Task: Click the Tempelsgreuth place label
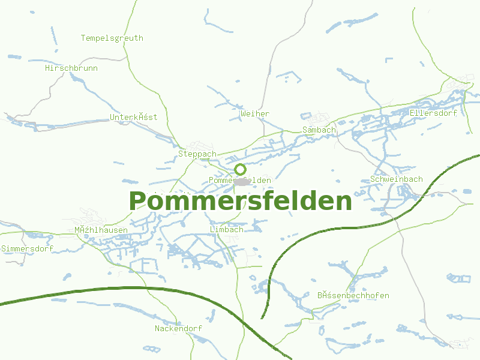click(112, 38)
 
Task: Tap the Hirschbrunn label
click(71, 68)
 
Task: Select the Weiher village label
click(254, 113)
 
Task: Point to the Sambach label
click(319, 130)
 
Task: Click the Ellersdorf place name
click(433, 113)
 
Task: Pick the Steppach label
click(197, 154)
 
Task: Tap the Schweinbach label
click(397, 179)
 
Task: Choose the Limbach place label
click(227, 229)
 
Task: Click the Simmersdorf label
click(27, 248)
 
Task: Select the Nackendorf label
click(178, 328)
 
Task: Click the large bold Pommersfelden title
click(240, 201)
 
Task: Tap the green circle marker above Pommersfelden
click(240, 169)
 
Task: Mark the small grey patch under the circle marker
click(242, 181)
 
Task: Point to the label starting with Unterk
click(133, 117)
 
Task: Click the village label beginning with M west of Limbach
click(101, 230)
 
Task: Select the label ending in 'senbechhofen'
click(353, 295)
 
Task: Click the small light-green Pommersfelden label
click(240, 181)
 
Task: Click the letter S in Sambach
click(305, 130)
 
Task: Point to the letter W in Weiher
click(242, 113)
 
